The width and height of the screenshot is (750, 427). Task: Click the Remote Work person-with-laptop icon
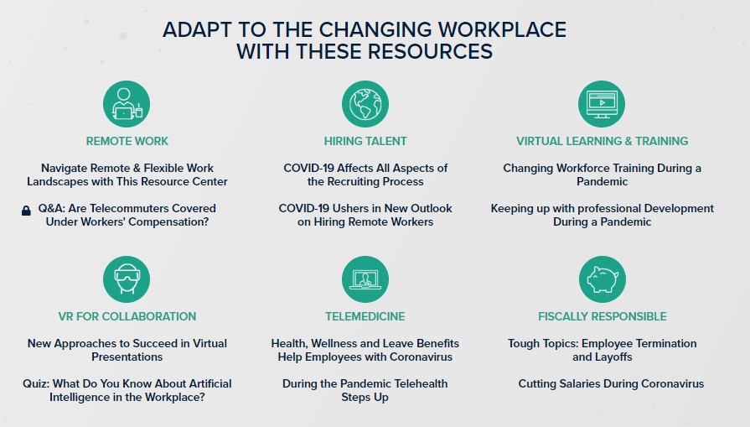point(127,104)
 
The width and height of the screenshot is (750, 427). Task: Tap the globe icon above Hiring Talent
point(365,104)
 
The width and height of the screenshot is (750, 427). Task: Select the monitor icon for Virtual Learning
point(601,104)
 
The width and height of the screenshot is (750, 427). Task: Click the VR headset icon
point(127,279)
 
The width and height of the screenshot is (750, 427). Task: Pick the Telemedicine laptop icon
point(365,279)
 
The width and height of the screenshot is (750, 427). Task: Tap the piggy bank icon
point(603,279)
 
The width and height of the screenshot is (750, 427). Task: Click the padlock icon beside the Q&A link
point(26,211)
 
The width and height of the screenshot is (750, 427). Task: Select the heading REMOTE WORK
point(127,141)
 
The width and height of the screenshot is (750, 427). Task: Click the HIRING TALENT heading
point(365,141)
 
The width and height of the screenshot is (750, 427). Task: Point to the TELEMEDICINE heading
point(365,316)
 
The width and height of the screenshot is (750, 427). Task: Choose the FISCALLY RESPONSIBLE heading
point(603,316)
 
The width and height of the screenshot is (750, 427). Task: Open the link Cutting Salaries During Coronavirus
point(611,384)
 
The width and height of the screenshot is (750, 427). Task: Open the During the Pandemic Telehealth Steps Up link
point(365,390)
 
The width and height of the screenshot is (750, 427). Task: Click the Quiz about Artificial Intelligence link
point(127,390)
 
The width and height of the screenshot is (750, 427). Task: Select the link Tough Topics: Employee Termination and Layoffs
point(603,350)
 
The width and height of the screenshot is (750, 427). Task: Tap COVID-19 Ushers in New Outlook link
point(365,215)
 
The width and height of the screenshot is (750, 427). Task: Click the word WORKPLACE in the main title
point(502,29)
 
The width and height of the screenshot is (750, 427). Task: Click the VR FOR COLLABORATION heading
point(127,316)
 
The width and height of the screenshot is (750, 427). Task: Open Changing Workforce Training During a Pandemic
point(603,174)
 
